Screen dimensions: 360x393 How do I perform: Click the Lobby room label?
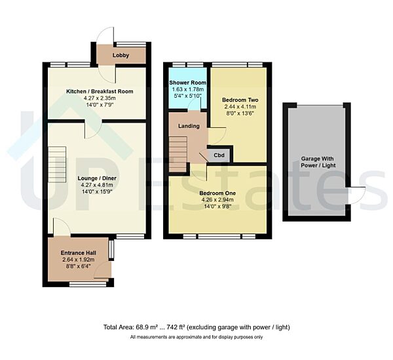point(121,56)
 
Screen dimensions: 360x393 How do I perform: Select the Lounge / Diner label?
point(96,177)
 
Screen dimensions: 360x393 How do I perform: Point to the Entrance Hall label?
point(78,252)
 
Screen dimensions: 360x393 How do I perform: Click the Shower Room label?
point(189,83)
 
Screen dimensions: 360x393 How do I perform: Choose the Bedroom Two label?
point(240,100)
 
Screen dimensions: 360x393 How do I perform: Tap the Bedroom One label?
point(217,193)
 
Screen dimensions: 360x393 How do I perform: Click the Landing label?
point(189,125)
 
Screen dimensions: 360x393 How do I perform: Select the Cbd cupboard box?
point(217,155)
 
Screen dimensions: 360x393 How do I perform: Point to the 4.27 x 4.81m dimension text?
point(96,185)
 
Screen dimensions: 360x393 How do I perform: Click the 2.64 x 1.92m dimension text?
point(78,260)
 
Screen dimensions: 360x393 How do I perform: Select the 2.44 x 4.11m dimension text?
point(240,107)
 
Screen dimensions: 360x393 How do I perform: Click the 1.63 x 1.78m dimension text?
point(189,90)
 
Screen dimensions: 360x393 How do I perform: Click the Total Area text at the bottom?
point(196,327)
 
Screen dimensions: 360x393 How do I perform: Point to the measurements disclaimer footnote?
point(196,337)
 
